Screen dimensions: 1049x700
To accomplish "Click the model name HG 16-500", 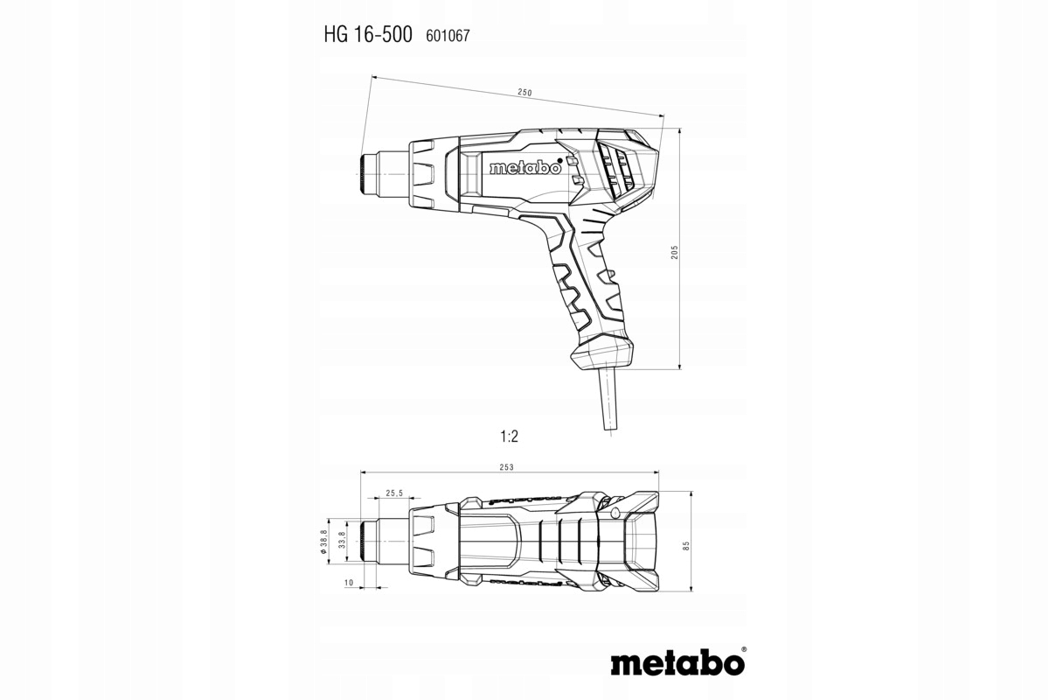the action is pos(368,35).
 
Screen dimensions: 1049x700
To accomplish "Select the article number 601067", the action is pos(448,36).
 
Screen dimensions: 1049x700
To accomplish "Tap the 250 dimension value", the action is pos(525,93).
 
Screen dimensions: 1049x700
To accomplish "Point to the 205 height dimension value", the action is pos(674,252).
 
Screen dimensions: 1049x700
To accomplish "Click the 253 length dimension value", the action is pos(506,467).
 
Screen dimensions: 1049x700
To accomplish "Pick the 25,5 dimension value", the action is pos(394,493).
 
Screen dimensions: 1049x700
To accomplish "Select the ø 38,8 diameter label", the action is pos(323,542).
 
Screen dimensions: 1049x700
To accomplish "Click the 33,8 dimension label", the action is pos(342,540).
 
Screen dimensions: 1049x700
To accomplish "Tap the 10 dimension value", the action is pos(349,583).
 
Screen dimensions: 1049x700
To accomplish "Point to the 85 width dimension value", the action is pos(686,546).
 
